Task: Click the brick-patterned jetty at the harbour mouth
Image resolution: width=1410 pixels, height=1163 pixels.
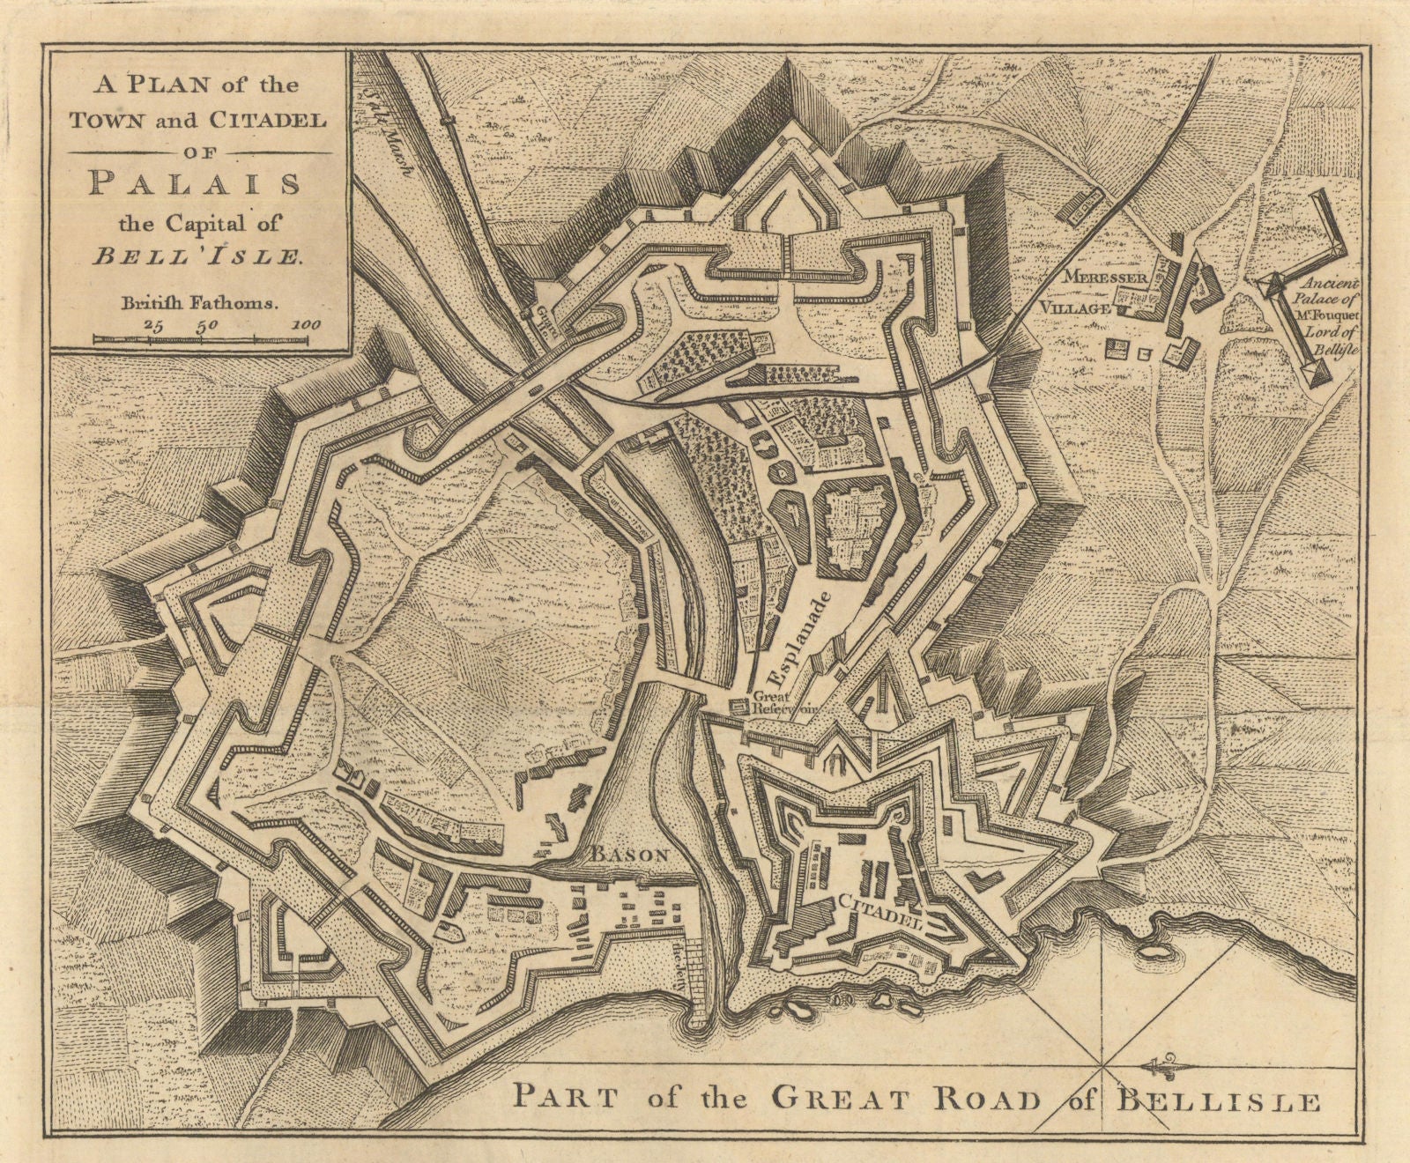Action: coord(695,988)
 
